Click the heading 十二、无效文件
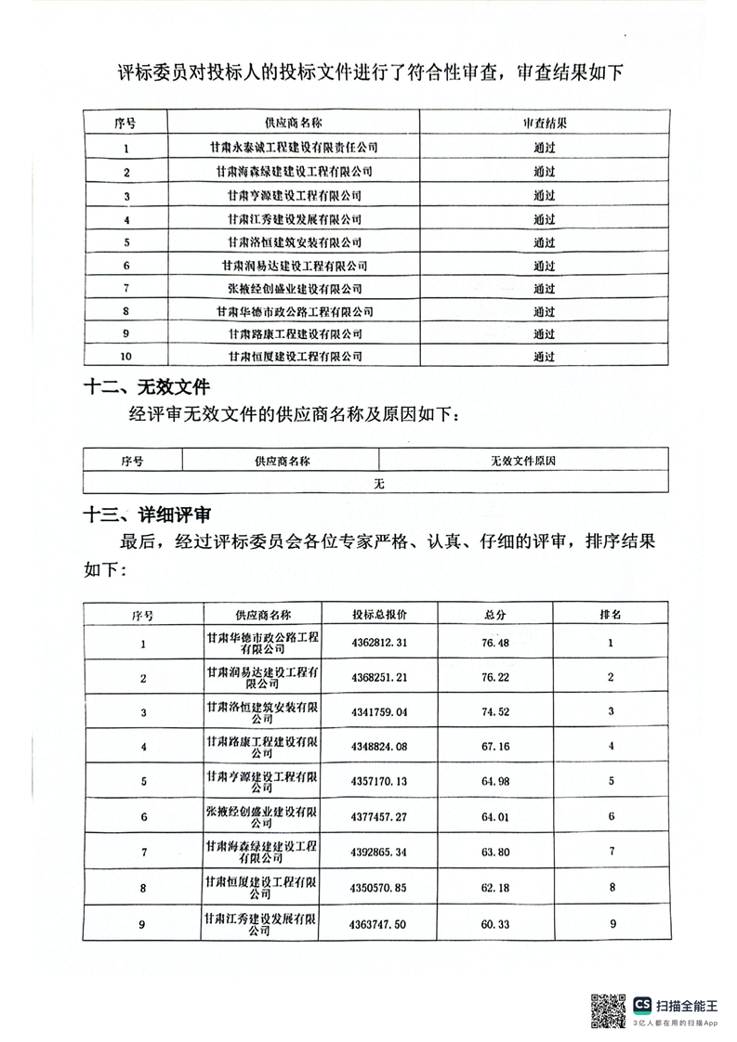click(x=147, y=386)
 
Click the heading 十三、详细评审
click(x=148, y=514)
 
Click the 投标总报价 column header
click(x=379, y=615)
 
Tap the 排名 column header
click(x=610, y=615)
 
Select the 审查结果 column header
click(x=544, y=123)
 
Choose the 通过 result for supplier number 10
click(x=544, y=356)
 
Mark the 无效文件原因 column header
click(x=523, y=460)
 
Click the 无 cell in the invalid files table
click(x=378, y=483)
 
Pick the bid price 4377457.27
click(x=379, y=817)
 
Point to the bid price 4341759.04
click(x=379, y=712)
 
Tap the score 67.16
click(x=495, y=747)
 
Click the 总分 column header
click(x=495, y=615)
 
